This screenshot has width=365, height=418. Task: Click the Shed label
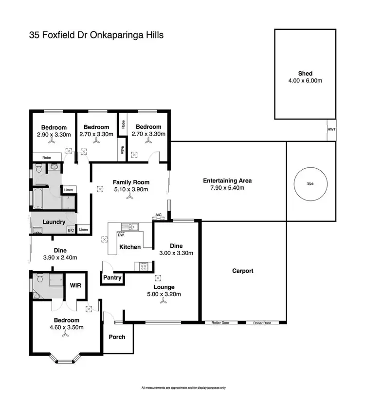[305, 74]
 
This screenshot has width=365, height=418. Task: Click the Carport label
[243, 271]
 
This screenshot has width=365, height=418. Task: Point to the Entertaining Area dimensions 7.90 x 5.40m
[227, 188]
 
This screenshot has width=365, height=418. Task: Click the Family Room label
[130, 182]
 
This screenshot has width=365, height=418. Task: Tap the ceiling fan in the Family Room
[130, 197]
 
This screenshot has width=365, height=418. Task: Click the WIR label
[75, 285]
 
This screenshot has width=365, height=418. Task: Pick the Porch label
[117, 337]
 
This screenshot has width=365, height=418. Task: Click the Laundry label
[54, 222]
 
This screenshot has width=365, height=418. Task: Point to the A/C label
[158, 215]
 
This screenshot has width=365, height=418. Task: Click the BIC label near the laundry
[71, 230]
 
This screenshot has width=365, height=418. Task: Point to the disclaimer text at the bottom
[183, 388]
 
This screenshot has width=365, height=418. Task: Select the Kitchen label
[130, 247]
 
